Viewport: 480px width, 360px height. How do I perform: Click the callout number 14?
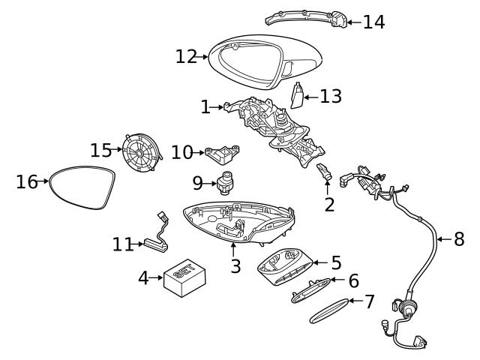coord(373,22)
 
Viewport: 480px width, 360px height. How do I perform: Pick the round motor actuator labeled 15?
coord(140,151)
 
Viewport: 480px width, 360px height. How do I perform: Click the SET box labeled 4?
coord(184,278)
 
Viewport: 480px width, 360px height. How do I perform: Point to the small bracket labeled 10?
coord(223,154)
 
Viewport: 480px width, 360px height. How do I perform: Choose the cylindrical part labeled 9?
coord(225,182)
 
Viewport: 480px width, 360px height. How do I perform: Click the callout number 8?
coord(459,239)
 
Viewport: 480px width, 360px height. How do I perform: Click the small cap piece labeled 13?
coord(296,96)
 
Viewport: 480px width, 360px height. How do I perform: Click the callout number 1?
coord(205,107)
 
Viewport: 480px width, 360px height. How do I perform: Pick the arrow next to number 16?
coord(45,181)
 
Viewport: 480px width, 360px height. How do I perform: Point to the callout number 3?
coord(235,265)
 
